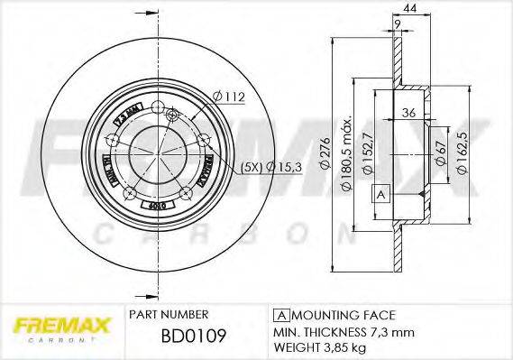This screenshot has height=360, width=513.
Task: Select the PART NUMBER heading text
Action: tap(169, 314)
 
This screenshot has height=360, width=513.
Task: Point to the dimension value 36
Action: tap(409, 113)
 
